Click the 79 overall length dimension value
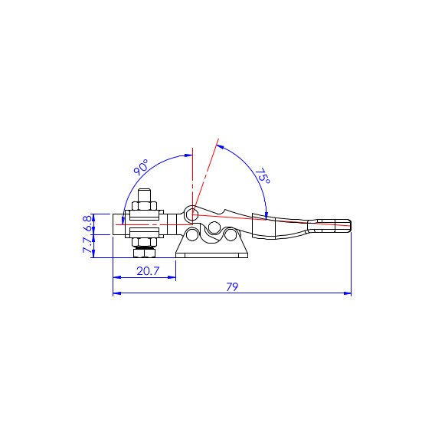point(232,286)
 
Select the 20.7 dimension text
point(148,271)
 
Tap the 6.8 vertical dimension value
point(87,224)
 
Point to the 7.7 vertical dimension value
point(87,245)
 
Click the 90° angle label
point(141,167)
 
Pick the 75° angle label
point(263,176)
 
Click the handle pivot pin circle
point(192,214)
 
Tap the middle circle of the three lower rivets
point(214,227)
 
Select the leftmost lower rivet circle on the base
point(192,234)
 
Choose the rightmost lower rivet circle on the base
point(231,234)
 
